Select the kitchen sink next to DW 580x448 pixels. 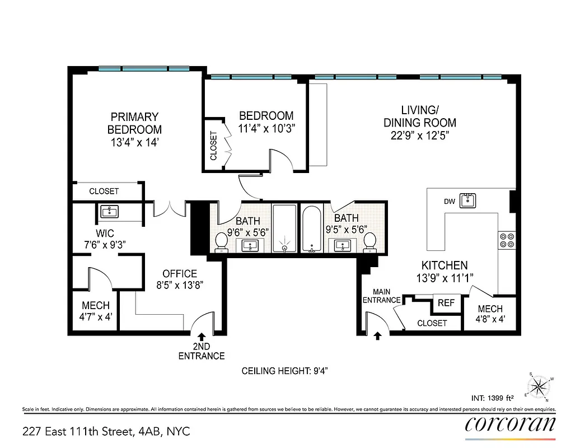(x=468, y=200)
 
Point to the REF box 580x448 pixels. (x=446, y=303)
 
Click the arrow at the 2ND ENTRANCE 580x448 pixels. (x=201, y=338)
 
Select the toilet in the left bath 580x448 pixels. (x=222, y=242)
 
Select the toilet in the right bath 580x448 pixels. (x=369, y=242)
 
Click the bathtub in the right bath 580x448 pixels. (x=311, y=229)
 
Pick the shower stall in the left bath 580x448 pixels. (x=286, y=229)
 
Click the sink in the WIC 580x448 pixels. (x=109, y=212)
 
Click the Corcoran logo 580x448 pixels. (x=510, y=424)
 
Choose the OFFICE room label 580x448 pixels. (x=180, y=274)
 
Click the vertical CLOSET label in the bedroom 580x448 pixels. (x=213, y=146)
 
